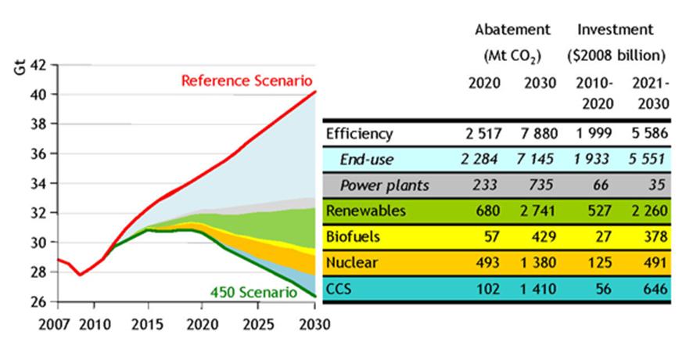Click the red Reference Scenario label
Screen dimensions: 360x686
(x=246, y=81)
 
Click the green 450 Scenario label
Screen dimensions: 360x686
(x=253, y=293)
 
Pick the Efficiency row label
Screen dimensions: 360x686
(x=359, y=133)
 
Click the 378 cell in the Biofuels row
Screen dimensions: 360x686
(x=655, y=237)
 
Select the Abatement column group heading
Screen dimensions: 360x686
(x=512, y=30)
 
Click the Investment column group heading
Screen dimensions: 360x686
(x=615, y=30)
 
